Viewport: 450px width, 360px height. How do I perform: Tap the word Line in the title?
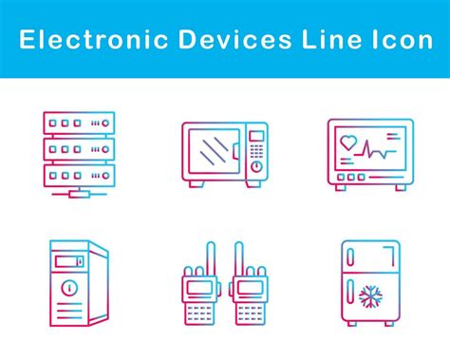click(x=326, y=39)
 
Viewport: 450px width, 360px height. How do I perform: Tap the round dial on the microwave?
click(x=256, y=167)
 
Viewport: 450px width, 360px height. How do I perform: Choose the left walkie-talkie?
click(x=199, y=285)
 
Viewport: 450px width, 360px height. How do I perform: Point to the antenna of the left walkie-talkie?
click(x=212, y=256)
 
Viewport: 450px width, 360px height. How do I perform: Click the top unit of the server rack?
click(x=79, y=123)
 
